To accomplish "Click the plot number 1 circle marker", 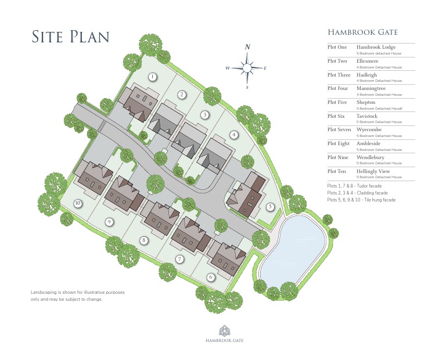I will (x=153, y=77).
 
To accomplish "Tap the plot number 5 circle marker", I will (x=270, y=206).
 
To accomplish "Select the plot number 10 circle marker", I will (x=77, y=203).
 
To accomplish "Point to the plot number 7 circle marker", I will (x=180, y=259).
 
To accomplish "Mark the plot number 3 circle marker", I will (x=205, y=115).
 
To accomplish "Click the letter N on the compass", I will (x=247, y=47).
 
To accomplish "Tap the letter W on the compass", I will (x=228, y=69).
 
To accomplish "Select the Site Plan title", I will (x=70, y=36).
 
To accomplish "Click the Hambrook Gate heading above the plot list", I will (x=362, y=33).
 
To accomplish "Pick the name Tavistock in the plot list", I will (x=367, y=116).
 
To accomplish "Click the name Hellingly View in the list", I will (x=373, y=171).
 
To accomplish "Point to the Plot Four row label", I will (x=338, y=88).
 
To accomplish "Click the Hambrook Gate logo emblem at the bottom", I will (x=223, y=330).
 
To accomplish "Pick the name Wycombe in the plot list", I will (x=369, y=129).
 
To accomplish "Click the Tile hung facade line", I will (x=361, y=200).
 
